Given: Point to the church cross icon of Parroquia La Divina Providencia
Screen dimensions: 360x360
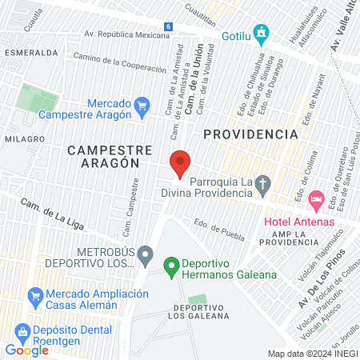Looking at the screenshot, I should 262,183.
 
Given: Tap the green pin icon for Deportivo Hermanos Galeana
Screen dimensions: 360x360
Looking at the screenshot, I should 170,264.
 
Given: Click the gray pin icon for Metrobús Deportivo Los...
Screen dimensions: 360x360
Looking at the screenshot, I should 145,256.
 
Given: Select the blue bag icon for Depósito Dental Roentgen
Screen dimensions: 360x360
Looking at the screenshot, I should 22,331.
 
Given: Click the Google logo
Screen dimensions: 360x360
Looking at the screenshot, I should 26,350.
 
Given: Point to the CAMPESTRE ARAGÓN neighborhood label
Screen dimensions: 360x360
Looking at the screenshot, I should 104,155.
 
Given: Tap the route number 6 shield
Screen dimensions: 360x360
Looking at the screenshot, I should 168,26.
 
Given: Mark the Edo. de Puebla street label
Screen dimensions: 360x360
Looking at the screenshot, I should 218,228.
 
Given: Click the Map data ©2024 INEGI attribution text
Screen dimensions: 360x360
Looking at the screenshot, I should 312,353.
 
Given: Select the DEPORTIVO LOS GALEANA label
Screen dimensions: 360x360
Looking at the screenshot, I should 201,311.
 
